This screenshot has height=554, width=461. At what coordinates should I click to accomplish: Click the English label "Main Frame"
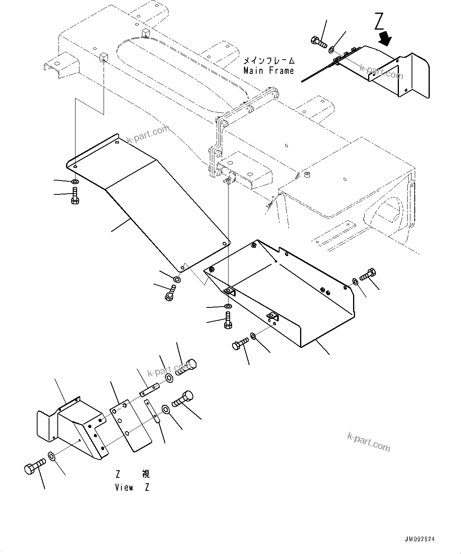269,71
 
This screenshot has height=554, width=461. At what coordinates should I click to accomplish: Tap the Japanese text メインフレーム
269,61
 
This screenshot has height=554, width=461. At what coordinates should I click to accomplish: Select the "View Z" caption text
132,487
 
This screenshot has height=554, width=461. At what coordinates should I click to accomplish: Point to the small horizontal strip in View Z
149,390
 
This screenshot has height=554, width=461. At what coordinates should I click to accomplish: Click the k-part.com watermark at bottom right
368,441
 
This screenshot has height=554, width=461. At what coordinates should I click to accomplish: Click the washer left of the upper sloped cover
75,182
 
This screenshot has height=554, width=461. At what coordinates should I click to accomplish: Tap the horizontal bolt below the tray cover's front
240,343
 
